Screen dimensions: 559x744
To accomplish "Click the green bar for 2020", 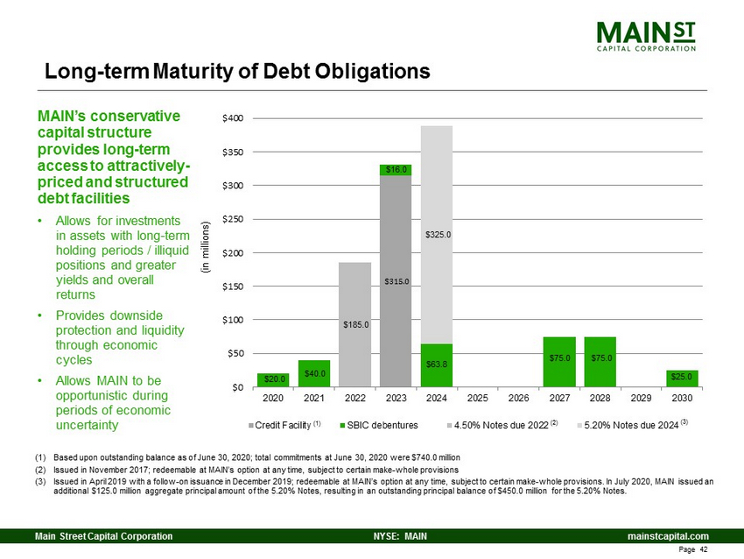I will (274, 379).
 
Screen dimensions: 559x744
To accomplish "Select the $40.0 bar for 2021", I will (314, 373).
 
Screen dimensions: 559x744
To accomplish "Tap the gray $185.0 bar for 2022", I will (354, 324).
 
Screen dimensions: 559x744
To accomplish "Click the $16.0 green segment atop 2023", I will (396, 170).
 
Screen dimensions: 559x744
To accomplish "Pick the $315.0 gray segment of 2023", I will (396, 281).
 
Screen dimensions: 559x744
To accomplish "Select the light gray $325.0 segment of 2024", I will (436, 235).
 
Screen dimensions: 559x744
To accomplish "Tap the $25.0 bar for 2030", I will (681, 379).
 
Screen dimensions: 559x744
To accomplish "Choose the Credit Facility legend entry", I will (286, 424).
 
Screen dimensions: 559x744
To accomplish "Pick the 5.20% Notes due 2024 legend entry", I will (635, 424).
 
